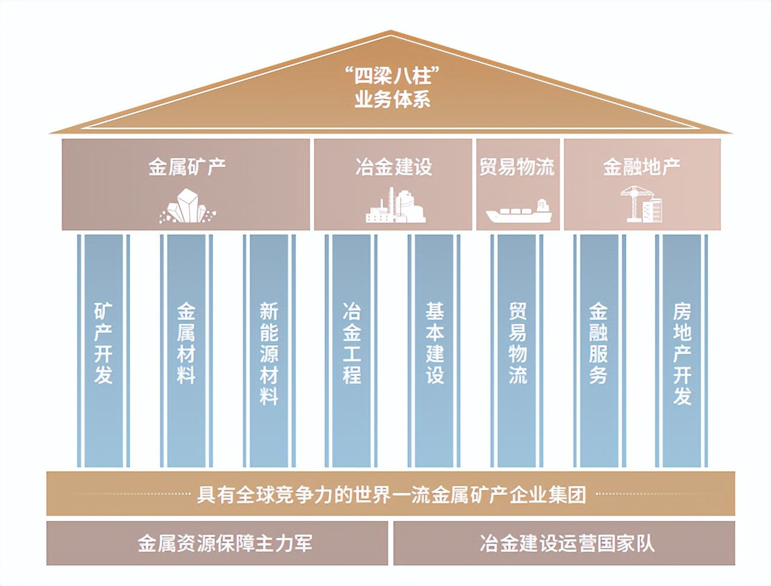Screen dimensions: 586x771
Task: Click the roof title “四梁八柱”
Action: (391, 76)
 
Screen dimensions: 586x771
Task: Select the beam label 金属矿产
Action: (187, 167)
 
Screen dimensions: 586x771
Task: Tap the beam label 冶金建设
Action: (394, 167)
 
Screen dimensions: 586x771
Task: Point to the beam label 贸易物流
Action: (517, 167)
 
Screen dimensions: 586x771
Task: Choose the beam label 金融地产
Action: (641, 167)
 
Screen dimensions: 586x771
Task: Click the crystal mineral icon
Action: (187, 207)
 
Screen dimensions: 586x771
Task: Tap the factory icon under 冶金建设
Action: (395, 205)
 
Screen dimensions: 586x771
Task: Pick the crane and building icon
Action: (642, 204)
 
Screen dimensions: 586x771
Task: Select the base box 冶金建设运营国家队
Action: (567, 543)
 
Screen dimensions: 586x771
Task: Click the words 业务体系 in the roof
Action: (392, 99)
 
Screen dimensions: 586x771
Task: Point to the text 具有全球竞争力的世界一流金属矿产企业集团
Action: (391, 494)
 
